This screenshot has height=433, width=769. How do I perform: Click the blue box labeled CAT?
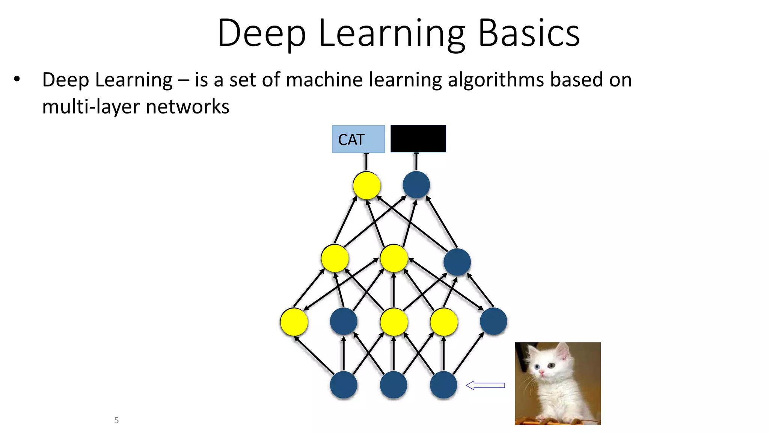pos(358,139)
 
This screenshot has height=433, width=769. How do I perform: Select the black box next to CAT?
pos(418,139)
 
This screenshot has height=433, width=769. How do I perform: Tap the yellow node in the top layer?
pos(366,185)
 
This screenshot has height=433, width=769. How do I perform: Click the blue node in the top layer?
pos(416,185)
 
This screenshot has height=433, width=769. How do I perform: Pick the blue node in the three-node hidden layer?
pos(457,262)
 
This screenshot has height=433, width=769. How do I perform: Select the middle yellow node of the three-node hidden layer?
pos(394,258)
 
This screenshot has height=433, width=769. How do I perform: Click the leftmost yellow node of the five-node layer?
pos(294,322)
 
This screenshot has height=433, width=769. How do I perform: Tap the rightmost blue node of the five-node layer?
pos(493,321)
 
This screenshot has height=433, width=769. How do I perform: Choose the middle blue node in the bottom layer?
pos(394,385)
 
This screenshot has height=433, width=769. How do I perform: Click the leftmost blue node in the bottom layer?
pos(344,385)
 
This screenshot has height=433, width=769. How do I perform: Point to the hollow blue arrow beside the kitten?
pos(485,385)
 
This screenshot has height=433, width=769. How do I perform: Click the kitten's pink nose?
pos(542,372)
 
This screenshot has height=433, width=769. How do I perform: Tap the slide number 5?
pos(116,420)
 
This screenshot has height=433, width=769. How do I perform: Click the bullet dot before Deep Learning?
pos(17,79)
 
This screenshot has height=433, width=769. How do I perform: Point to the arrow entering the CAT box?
pos(366,162)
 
